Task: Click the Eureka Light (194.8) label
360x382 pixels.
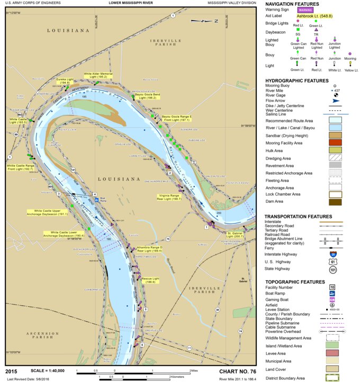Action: coord(64,81)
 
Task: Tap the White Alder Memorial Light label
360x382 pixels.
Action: coord(98,75)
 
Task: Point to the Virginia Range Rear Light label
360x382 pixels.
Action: coord(168,197)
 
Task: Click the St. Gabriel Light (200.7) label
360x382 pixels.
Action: coord(235,234)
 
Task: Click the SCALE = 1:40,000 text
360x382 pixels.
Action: coord(42,371)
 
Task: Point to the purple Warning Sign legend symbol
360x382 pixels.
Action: coord(305,10)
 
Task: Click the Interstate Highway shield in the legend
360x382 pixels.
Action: coord(332,254)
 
